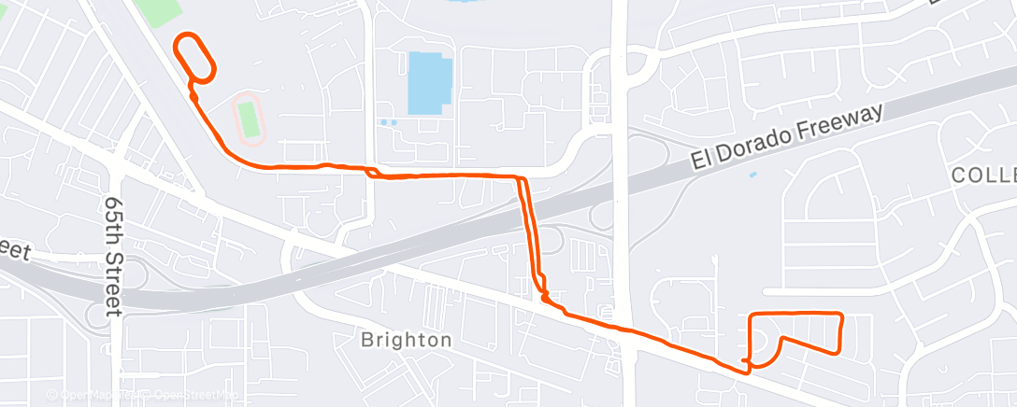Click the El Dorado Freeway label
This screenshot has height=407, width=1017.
787,138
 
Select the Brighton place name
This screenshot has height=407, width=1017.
407,340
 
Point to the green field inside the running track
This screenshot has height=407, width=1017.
248,119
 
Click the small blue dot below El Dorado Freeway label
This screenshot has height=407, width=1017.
752,174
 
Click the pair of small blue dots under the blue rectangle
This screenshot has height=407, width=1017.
389,122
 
